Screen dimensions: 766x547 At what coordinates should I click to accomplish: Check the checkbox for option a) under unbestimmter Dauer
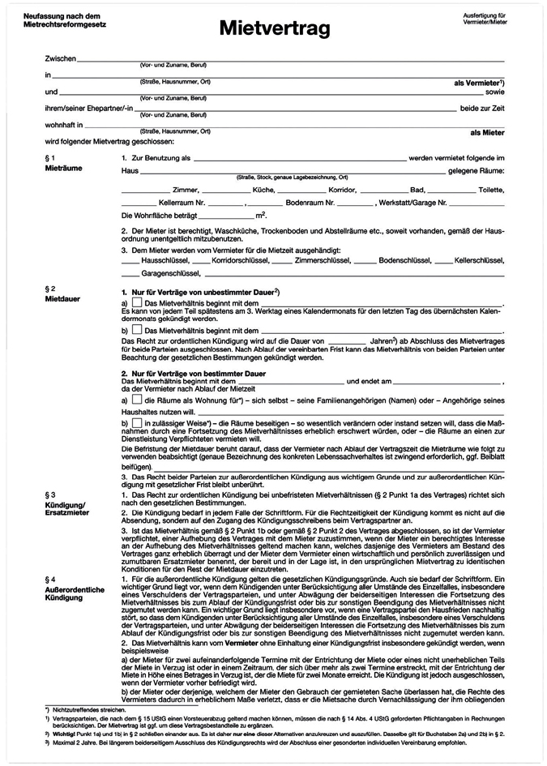click(136, 302)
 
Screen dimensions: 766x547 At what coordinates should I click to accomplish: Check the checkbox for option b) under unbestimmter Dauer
click(136, 330)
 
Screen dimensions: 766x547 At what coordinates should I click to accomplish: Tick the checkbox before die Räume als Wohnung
click(136, 400)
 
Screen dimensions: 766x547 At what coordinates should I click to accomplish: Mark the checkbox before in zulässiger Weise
click(136, 423)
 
